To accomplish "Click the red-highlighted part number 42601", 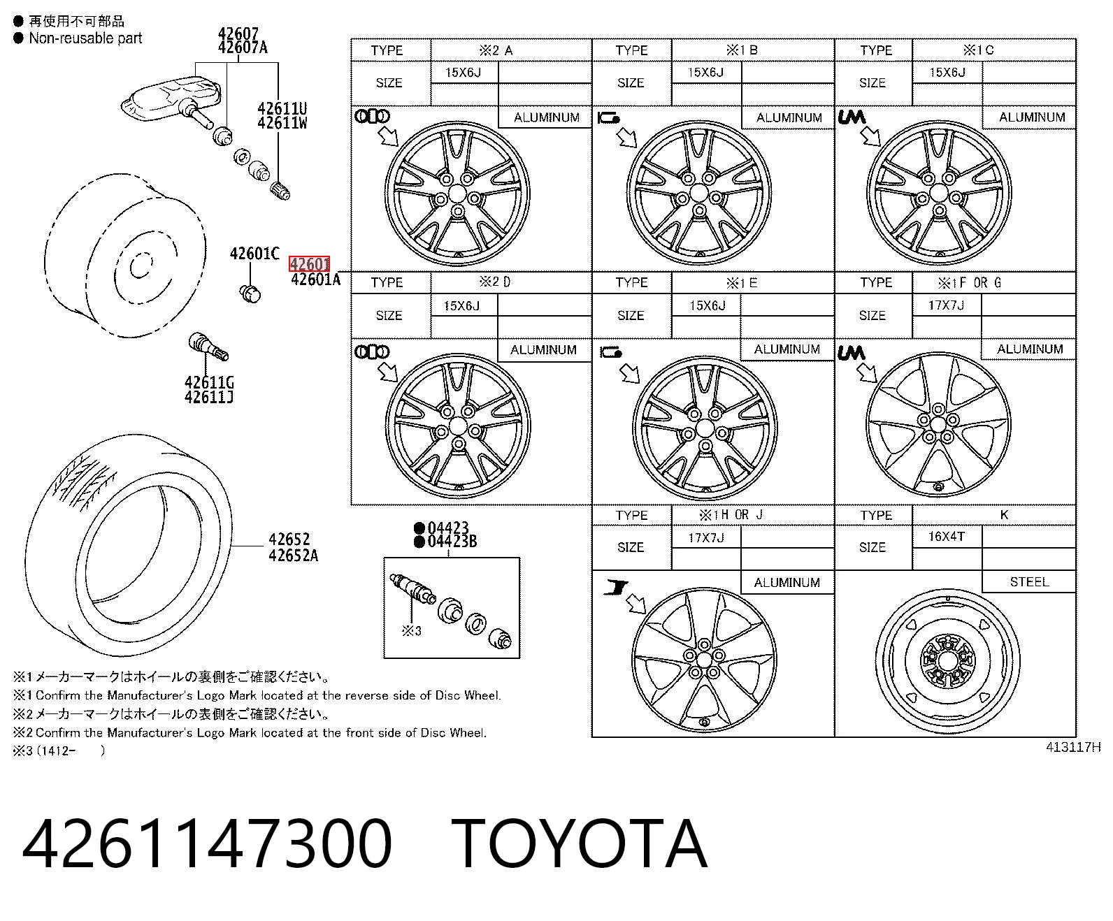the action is pos(309,264).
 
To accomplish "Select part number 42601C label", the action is pos(254,253).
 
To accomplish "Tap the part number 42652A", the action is pos(293,556).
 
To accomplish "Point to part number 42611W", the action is pos(282,122).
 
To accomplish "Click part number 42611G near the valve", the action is pos(209,382).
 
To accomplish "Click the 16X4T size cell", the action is pos(946,536).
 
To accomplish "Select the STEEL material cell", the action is pos(1029,581).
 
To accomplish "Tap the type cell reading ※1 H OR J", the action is pos(731,515).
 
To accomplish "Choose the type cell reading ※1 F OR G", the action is pos(970,282).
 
